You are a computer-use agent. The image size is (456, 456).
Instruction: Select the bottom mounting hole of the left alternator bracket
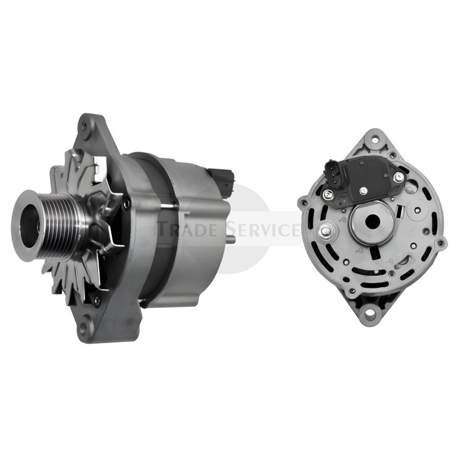(x=86, y=328)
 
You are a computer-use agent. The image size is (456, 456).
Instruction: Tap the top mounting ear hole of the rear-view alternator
(x=374, y=139)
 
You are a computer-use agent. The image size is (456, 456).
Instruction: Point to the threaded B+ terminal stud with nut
(x=327, y=231)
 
